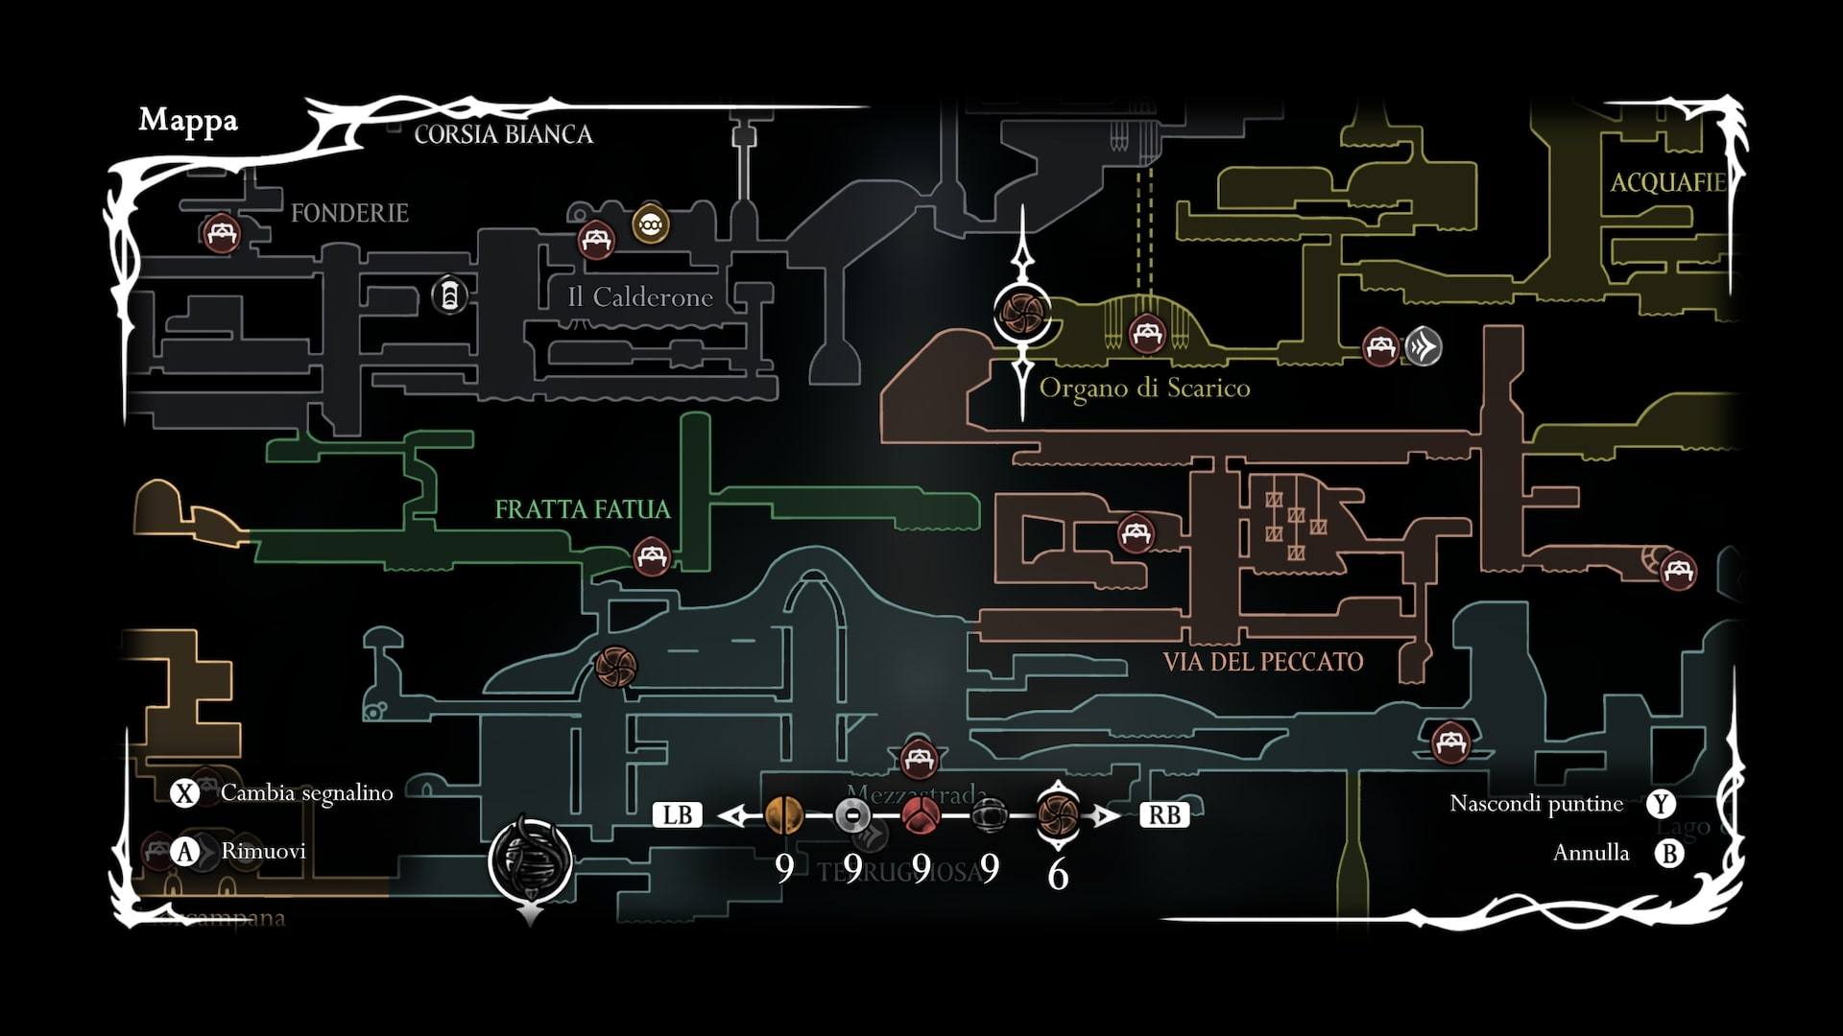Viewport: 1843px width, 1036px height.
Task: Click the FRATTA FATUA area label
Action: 582,509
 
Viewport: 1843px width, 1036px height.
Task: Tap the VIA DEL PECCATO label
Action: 1262,662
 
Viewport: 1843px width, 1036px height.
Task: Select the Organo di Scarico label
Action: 1144,388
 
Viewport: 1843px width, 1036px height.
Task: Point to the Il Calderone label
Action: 640,297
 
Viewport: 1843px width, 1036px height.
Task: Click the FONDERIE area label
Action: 349,213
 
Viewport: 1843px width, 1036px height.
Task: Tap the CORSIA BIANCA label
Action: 503,134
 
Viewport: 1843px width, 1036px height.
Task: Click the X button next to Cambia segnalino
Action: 184,793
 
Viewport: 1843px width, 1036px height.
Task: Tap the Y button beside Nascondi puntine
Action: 1661,804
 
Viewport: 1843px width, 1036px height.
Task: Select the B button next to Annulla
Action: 1669,853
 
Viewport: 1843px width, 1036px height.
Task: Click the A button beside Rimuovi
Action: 184,852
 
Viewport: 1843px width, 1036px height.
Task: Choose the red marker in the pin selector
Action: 921,815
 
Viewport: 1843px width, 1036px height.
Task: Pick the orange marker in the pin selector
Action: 784,815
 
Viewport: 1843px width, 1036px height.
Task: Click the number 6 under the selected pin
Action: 1058,874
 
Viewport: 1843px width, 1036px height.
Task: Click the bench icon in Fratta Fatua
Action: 652,555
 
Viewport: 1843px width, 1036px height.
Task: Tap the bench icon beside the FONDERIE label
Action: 222,233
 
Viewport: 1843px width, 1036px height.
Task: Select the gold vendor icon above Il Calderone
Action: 651,224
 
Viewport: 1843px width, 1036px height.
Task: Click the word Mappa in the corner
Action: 188,120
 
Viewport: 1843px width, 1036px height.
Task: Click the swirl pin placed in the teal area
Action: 615,667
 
